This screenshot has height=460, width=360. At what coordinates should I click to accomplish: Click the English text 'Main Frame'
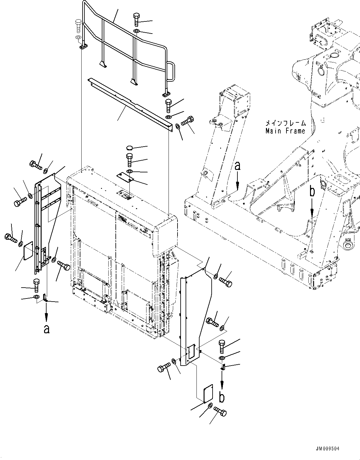pos(285,131)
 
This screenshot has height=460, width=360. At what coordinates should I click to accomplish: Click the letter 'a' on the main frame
pos(237,167)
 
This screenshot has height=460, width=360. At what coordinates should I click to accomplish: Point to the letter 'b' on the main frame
pos(312,192)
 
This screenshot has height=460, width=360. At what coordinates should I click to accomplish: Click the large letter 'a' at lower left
pos(47,329)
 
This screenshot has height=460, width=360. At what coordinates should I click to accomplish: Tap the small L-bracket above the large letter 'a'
pos(45,298)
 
